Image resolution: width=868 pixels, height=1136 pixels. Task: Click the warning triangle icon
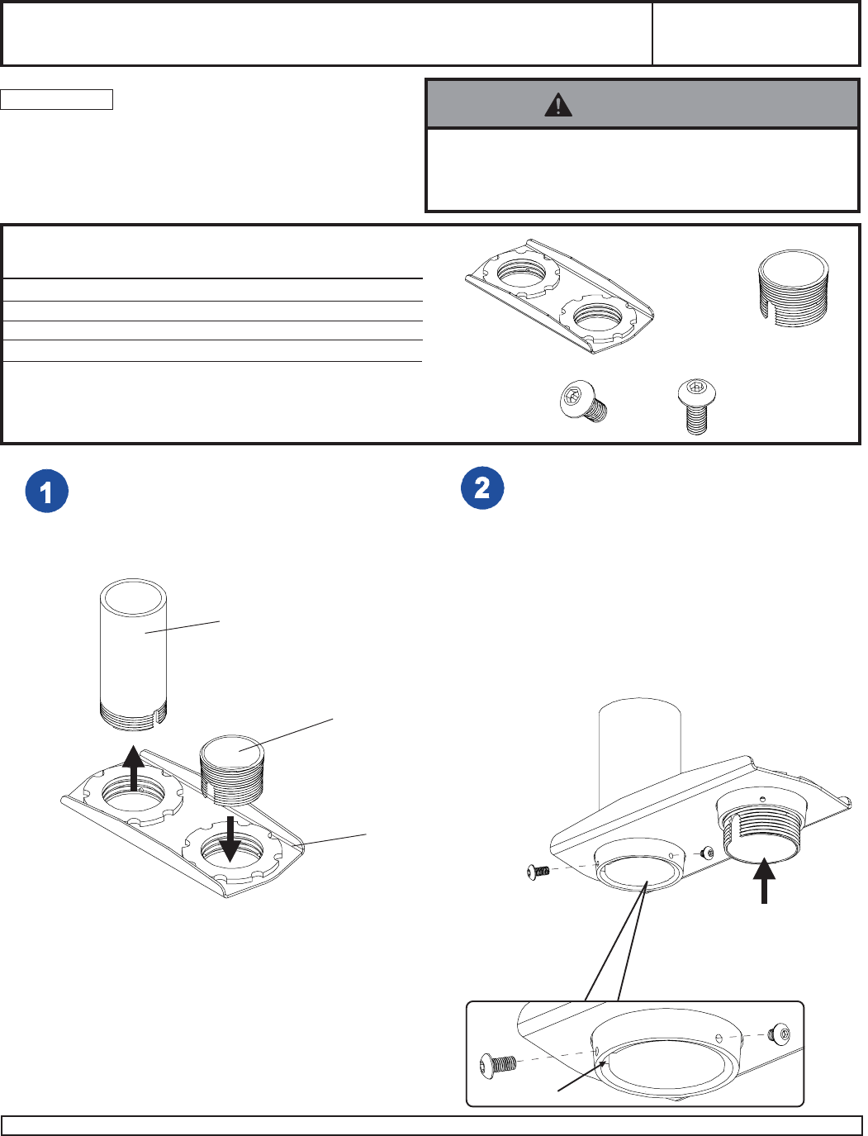(558, 105)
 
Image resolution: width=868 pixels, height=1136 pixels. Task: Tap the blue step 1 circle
(46, 492)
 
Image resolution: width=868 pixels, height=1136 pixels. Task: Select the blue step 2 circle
(482, 487)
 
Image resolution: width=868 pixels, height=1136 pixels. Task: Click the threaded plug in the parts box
(792, 290)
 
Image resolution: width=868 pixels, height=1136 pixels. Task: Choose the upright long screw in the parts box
(696, 405)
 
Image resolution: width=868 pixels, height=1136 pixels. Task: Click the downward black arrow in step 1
(230, 838)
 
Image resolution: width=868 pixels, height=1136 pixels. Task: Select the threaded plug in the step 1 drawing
(232, 769)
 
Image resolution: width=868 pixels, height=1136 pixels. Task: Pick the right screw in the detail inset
(777, 1032)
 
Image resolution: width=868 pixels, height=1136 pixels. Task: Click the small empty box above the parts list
(56, 100)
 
